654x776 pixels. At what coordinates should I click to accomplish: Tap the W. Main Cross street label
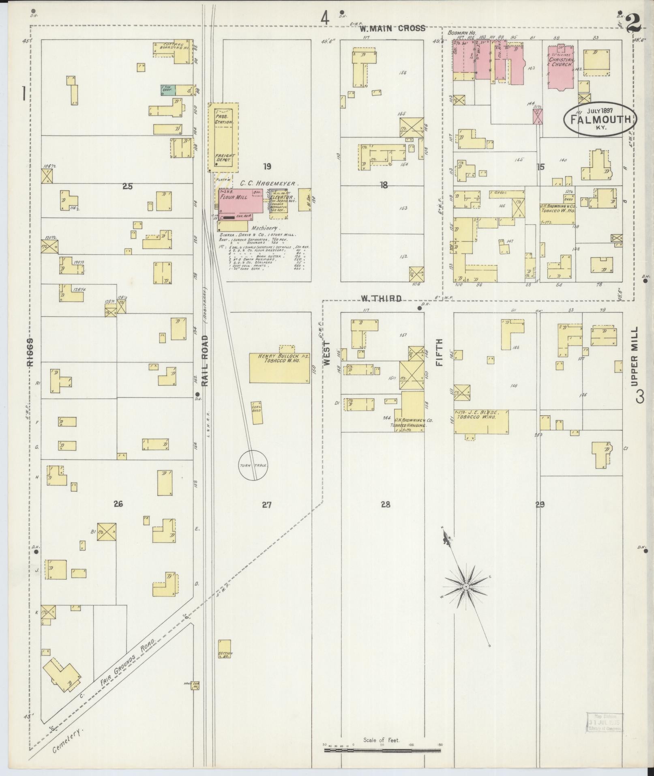392,28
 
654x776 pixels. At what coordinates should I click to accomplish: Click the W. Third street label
381,299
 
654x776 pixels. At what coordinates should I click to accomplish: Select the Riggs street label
30,353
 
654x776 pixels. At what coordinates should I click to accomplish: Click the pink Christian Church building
562,67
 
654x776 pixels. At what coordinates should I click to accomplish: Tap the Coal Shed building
257,413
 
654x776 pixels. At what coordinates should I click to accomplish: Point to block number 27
266,505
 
